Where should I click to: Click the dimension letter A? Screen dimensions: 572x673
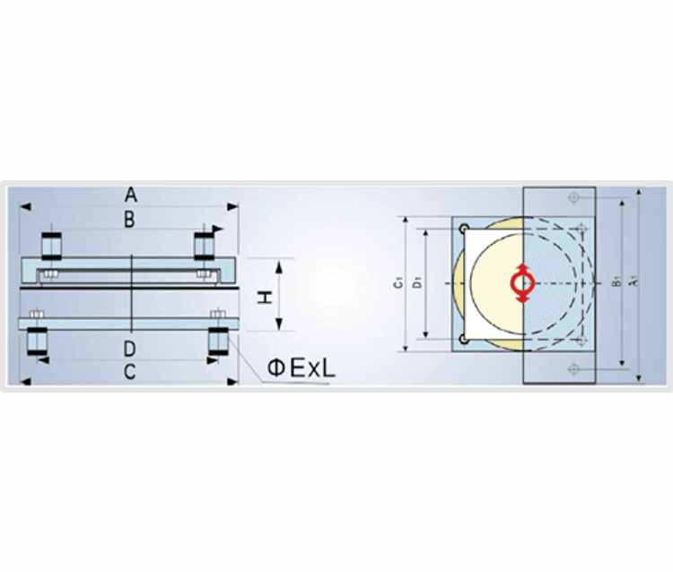tap(130, 194)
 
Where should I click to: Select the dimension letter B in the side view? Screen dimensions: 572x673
tap(130, 219)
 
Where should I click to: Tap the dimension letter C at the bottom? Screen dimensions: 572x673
tap(130, 372)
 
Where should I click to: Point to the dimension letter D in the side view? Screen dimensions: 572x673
tap(130, 348)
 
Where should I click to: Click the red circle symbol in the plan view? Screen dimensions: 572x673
tap(523, 283)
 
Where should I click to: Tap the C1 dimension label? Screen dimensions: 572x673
tap(396, 283)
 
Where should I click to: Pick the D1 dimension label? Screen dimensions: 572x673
tap(416, 283)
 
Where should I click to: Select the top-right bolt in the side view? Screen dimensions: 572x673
tap(205, 244)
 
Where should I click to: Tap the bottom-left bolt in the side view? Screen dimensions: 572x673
tap(38, 342)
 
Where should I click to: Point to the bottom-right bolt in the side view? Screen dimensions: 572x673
tap(218, 342)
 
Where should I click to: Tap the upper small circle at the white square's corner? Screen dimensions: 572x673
tap(463, 229)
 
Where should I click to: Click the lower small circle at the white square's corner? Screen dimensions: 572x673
tap(463, 338)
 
